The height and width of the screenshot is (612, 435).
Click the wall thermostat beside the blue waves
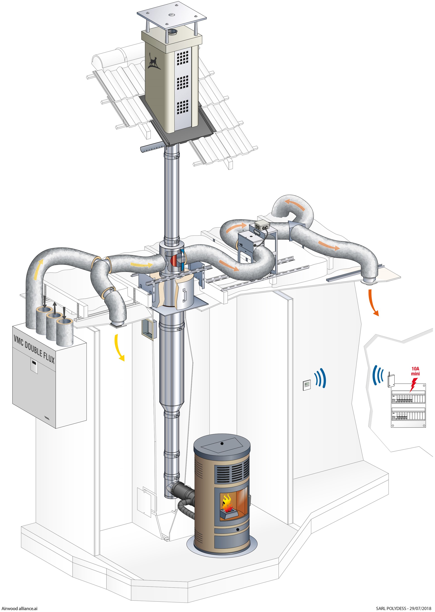[307, 385]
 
